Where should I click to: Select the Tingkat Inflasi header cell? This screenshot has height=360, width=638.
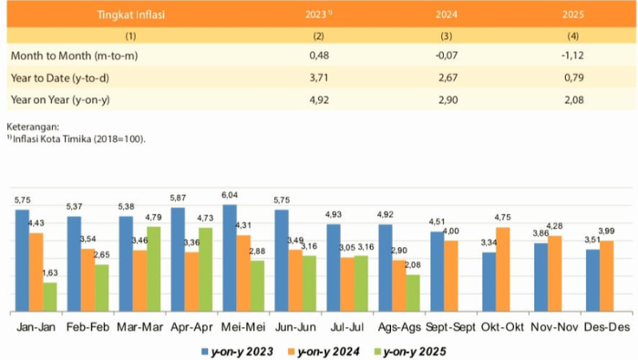click(x=130, y=15)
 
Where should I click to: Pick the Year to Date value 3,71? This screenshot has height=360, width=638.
click(x=318, y=78)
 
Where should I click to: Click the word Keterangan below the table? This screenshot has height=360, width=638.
click(x=33, y=127)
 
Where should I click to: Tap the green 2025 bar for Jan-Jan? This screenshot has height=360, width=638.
click(x=49, y=295)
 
